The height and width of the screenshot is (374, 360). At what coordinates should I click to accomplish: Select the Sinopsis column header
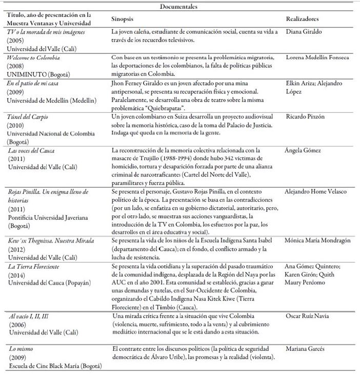point(123,19)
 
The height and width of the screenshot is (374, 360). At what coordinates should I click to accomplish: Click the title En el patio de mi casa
point(31,83)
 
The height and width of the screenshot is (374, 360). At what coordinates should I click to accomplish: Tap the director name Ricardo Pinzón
point(306,117)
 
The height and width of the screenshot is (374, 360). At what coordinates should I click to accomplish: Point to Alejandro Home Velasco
point(315,191)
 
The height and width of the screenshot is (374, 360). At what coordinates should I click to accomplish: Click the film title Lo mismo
point(20,349)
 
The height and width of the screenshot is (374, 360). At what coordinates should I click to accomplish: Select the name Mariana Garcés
point(306,349)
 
